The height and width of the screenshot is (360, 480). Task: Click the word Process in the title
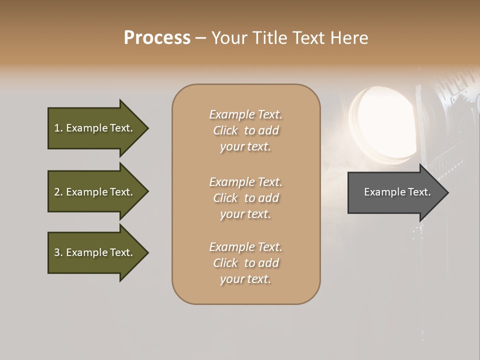click(x=157, y=38)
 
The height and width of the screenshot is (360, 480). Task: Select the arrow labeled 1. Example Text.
click(x=95, y=128)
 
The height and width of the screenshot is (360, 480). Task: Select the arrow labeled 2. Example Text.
click(x=95, y=192)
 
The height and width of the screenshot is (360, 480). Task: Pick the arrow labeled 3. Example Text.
click(x=95, y=252)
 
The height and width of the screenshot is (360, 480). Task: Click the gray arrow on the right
click(x=395, y=192)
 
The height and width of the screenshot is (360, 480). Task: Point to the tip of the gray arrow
click(x=447, y=192)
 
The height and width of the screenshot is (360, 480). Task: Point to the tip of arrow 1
click(x=147, y=128)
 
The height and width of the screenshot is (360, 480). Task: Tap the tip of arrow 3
click(x=147, y=252)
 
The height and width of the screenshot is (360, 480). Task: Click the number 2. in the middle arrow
click(x=58, y=192)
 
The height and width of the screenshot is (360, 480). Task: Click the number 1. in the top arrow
click(x=58, y=128)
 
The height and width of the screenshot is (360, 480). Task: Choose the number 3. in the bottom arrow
click(x=58, y=252)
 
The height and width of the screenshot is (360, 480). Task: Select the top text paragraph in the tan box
click(x=245, y=130)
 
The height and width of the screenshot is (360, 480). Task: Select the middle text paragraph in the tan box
click(x=245, y=197)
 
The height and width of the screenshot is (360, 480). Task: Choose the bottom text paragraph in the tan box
click(x=245, y=263)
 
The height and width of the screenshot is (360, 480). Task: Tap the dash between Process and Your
click(x=200, y=38)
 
